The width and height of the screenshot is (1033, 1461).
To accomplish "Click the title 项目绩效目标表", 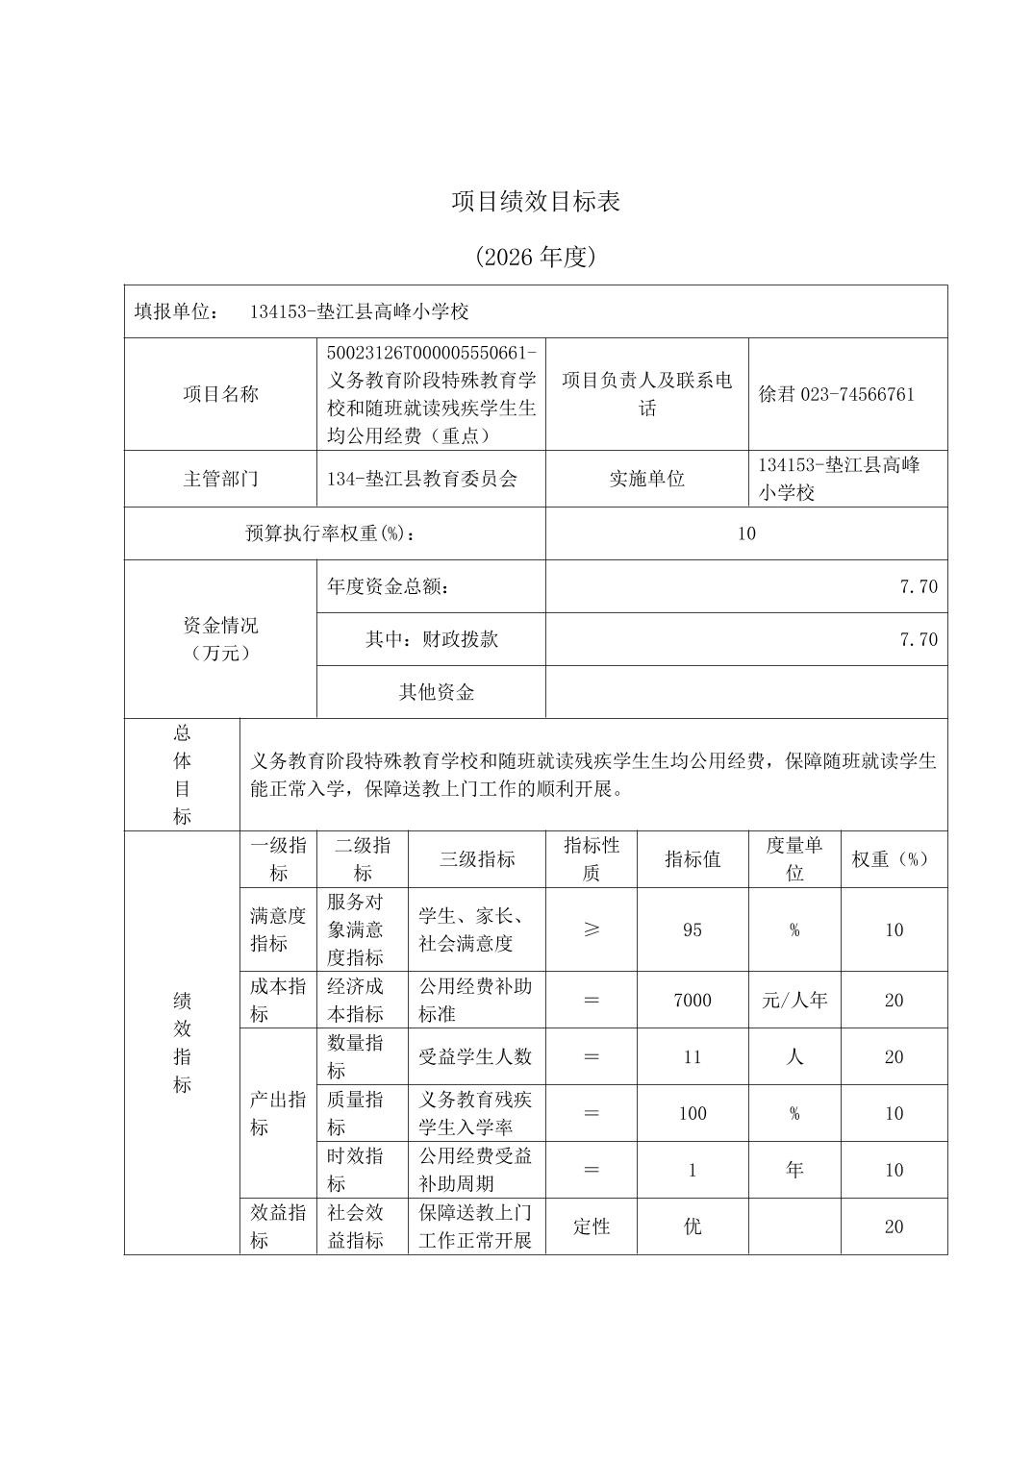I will [536, 201].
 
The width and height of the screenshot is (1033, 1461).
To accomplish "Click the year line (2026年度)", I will [536, 257].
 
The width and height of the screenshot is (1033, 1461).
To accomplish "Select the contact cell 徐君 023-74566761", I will [836, 394].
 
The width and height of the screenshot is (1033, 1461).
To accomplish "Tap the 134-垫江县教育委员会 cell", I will [421, 479].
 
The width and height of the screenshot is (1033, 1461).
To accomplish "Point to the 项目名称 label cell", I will [220, 394].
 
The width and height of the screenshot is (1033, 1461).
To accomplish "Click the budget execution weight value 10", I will [746, 533].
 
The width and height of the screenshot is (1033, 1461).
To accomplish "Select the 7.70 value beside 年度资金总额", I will [918, 586].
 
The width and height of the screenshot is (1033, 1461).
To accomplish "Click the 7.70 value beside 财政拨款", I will [918, 639].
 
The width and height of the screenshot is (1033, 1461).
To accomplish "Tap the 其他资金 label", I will [437, 692].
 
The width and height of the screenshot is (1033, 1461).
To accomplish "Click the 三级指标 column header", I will [477, 859].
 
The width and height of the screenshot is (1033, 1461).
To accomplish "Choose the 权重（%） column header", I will [894, 859].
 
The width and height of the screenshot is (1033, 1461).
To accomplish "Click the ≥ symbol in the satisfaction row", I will [592, 929].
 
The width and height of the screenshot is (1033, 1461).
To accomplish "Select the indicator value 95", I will [693, 929].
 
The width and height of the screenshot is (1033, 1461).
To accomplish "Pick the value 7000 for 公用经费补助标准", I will [693, 1000].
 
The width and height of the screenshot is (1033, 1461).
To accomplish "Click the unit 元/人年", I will [794, 1000].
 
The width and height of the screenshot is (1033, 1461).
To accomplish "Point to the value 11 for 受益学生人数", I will [693, 1056].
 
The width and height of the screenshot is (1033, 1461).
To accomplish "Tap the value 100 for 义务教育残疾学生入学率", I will [693, 1113].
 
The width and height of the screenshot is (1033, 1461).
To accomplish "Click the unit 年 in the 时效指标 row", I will [794, 1170].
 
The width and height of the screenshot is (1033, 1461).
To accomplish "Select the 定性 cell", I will [592, 1226].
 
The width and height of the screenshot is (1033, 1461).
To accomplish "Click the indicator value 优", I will [693, 1226].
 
